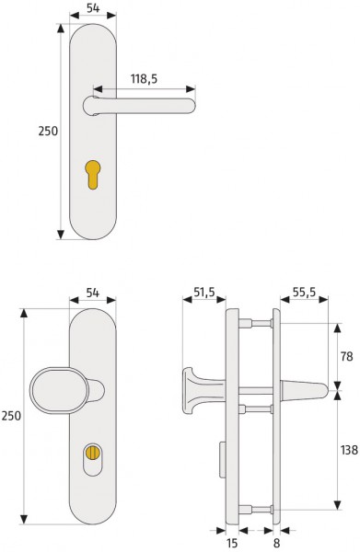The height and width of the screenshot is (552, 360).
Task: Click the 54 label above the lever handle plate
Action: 94,8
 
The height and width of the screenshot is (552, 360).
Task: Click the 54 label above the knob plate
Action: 94,293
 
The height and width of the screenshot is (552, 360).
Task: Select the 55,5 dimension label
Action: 304,293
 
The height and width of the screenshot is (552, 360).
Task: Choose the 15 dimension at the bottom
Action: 233,543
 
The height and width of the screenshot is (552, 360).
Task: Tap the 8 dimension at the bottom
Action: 276,543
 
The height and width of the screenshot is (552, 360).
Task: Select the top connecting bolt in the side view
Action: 259,324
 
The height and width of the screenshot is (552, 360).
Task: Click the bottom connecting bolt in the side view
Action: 259,508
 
